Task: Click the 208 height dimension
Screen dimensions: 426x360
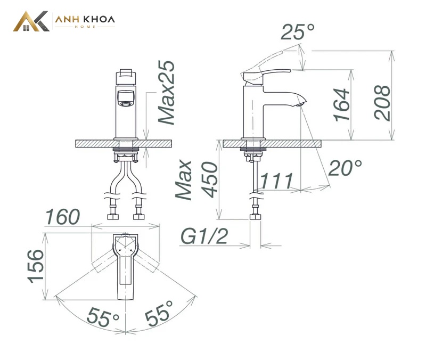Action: pyautogui.click(x=382, y=103)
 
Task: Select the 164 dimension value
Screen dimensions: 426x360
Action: pyautogui.click(x=341, y=104)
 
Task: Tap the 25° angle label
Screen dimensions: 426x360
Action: pyautogui.click(x=298, y=31)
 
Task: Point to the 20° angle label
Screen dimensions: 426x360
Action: pyautogui.click(x=345, y=168)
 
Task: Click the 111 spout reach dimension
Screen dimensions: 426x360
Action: pyautogui.click(x=276, y=181)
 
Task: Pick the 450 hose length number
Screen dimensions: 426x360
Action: pyautogui.click(x=211, y=179)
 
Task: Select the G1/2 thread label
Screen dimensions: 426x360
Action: pyautogui.click(x=204, y=236)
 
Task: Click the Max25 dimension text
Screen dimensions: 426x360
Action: pyautogui.click(x=166, y=92)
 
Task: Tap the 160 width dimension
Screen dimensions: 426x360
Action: pyautogui.click(x=62, y=217)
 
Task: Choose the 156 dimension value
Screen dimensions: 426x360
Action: pyautogui.click(x=35, y=266)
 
